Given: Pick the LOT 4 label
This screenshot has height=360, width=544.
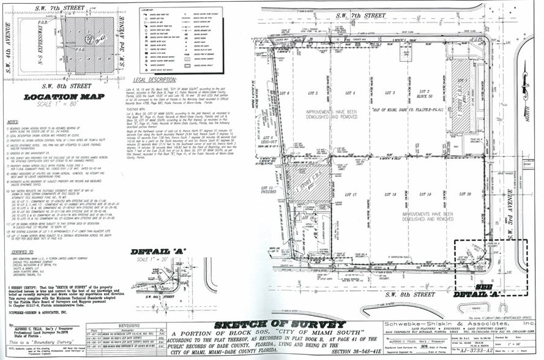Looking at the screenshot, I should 350,93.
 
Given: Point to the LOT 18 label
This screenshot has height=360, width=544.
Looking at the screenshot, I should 390,194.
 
